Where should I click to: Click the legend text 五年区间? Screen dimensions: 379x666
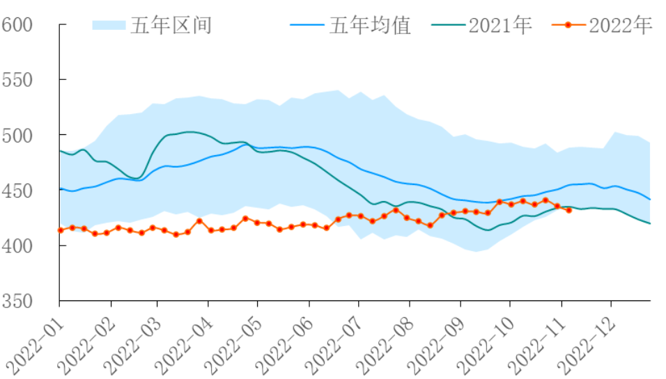171,26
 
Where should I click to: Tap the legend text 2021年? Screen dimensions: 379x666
500,26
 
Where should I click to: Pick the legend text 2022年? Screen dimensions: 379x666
621,26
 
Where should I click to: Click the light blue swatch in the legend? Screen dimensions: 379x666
108,26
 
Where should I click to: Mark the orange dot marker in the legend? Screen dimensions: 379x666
568,26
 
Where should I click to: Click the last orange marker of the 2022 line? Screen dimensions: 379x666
569,209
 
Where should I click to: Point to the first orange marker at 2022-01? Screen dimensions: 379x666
61,230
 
